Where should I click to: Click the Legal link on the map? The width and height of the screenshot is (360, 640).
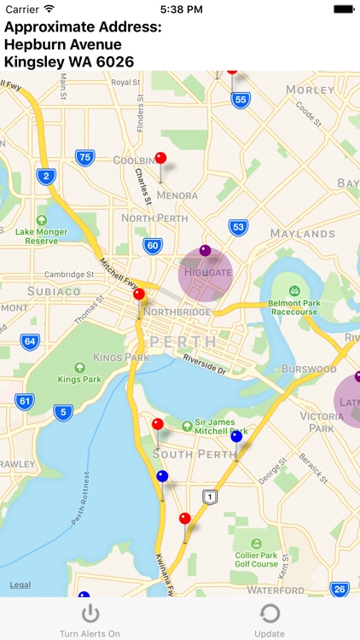(20, 585)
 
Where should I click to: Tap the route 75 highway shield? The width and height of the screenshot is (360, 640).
(84, 157)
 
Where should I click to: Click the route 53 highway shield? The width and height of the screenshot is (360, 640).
(238, 227)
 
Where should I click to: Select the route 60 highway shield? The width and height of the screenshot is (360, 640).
(153, 246)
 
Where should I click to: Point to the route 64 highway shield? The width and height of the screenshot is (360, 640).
(30, 342)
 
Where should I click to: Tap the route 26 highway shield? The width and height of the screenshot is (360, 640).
(340, 589)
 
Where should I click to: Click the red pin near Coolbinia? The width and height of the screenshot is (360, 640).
(160, 159)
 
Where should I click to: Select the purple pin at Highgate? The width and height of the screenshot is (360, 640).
(205, 251)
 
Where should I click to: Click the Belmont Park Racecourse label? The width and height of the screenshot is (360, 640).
(294, 307)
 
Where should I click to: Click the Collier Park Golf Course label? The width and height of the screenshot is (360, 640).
(257, 559)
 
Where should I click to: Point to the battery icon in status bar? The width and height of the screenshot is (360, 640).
(343, 9)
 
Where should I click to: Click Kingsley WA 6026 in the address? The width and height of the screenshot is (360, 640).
(69, 61)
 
